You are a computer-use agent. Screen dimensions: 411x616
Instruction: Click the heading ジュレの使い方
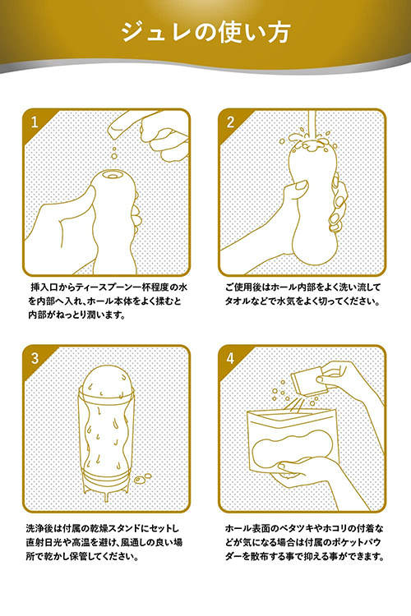(205, 32)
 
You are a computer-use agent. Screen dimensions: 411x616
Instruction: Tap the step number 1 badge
(35, 122)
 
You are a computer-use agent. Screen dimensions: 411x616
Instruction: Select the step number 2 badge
(230, 122)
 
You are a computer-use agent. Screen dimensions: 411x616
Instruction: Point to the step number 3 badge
(35, 358)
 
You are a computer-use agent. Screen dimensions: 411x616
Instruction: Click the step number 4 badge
(230, 358)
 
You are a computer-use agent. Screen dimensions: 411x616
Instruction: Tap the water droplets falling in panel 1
(114, 154)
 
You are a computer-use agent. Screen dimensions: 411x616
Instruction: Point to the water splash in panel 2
(309, 140)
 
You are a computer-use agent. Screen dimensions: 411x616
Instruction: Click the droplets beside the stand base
(143, 479)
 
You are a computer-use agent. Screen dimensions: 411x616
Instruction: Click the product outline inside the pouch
(293, 451)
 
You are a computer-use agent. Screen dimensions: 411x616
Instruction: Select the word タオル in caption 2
(239, 301)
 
